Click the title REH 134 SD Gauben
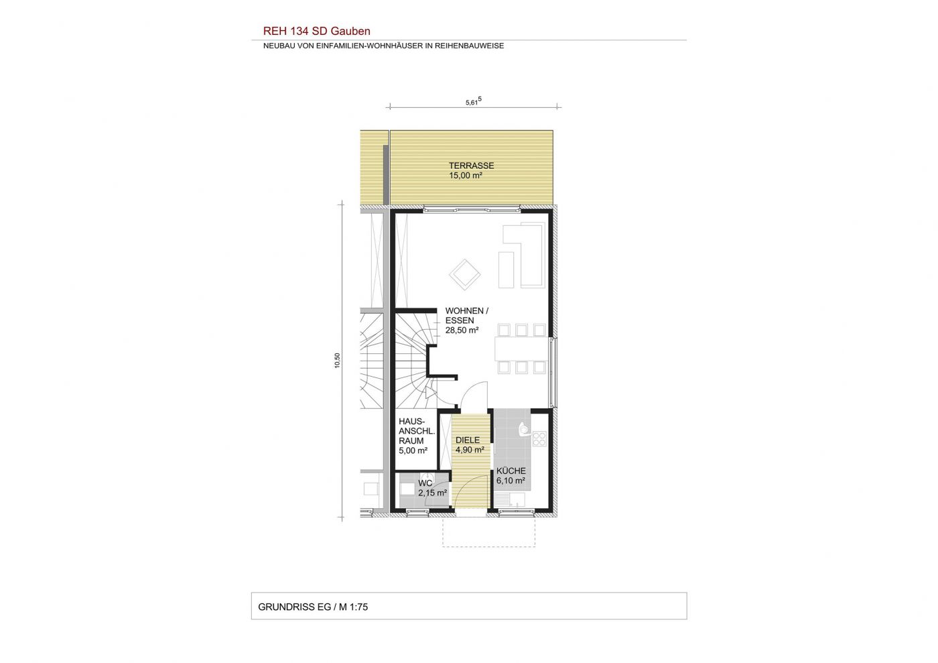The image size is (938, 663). [x=316, y=31]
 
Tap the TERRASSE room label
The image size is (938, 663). [x=471, y=166]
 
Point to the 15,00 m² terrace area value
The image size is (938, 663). [x=466, y=175]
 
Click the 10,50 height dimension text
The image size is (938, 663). [x=338, y=361]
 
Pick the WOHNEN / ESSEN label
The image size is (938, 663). [x=466, y=316]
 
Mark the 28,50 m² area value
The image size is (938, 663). [x=462, y=330]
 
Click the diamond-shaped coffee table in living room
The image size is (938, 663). [x=465, y=274]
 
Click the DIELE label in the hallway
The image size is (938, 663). [x=468, y=440]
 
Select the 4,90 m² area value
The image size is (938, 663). [x=470, y=450]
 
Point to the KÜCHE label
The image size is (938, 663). [x=511, y=471]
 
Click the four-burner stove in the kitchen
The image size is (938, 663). [x=539, y=438]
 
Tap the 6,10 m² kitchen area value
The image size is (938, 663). [x=511, y=481]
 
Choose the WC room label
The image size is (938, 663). [x=425, y=483]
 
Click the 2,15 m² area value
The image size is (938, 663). [x=433, y=493]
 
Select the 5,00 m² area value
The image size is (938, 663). [x=413, y=451]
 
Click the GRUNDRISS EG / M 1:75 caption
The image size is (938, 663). [x=313, y=607]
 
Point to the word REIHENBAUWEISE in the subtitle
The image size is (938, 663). [x=470, y=46]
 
